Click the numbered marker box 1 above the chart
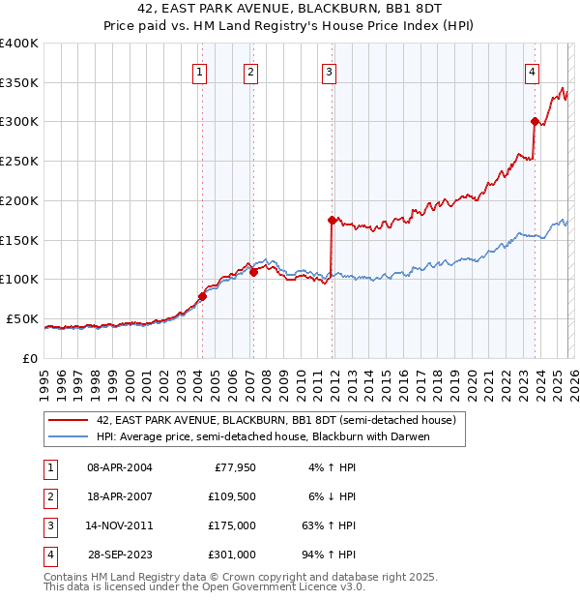click(199, 71)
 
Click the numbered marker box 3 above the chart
click(329, 71)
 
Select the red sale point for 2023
click(534, 121)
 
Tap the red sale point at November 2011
click(331, 220)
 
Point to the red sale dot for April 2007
click(253, 272)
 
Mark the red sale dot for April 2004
click(202, 296)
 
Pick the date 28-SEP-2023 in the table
click(119, 555)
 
